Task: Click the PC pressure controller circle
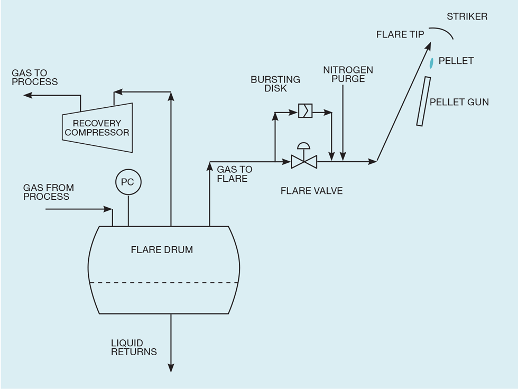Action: click(128, 182)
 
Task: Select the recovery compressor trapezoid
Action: click(97, 127)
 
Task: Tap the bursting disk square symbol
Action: click(305, 110)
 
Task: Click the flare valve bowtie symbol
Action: click(304, 161)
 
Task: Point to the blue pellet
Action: click(431, 62)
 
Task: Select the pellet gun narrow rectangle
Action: click(423, 101)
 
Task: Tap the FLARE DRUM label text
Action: click(162, 249)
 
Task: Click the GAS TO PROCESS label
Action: click(34, 77)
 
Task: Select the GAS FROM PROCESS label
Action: click(48, 192)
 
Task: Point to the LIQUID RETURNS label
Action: click(134, 347)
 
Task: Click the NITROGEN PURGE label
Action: click(348, 74)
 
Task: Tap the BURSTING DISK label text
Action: click(275, 84)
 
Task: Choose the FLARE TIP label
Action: click(400, 34)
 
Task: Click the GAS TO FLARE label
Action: click(234, 174)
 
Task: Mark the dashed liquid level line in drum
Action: click(164, 283)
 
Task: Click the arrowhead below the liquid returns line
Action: click(171, 368)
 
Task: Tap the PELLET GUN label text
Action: click(459, 102)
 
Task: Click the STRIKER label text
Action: click(467, 16)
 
